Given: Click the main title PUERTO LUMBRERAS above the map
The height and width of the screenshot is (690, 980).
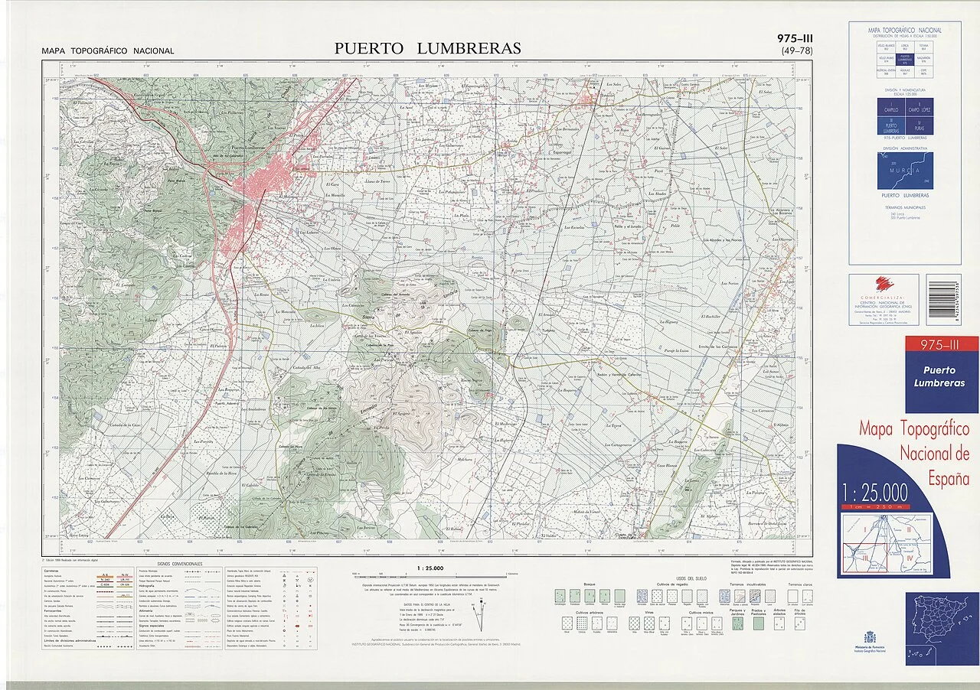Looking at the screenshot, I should coord(427,48).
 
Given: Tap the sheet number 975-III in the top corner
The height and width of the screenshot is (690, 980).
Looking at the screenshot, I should coord(795,38).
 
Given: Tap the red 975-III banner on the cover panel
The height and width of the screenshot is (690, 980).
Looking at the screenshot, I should coord(931,346).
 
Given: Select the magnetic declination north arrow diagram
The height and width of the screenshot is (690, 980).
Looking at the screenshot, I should coord(481,613).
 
